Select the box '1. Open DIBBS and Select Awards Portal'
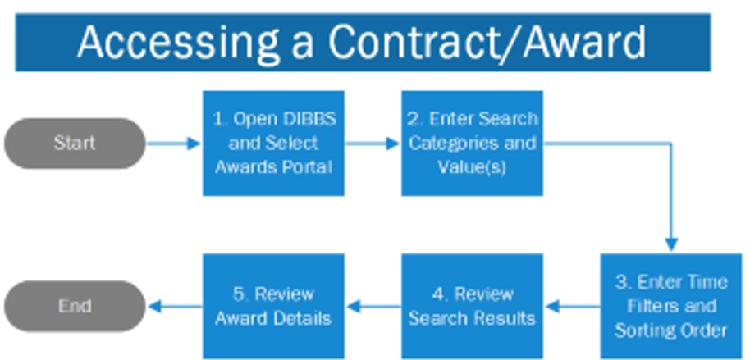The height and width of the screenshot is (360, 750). point(274,143)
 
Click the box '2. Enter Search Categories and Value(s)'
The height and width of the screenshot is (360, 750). point(472,143)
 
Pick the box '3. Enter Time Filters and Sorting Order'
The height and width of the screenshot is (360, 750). point(671,306)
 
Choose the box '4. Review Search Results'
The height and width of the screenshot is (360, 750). point(472,306)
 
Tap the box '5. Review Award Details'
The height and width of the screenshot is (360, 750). point(274,306)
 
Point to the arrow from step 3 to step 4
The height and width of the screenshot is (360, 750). point(572,307)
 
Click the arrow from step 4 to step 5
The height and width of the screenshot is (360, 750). point(373,307)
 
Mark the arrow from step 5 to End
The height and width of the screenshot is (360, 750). point(175,307)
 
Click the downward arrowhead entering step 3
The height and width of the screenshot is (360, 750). point(671,244)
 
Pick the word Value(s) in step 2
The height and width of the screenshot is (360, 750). point(472,166)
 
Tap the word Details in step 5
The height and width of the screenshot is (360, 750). point(303,318)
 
